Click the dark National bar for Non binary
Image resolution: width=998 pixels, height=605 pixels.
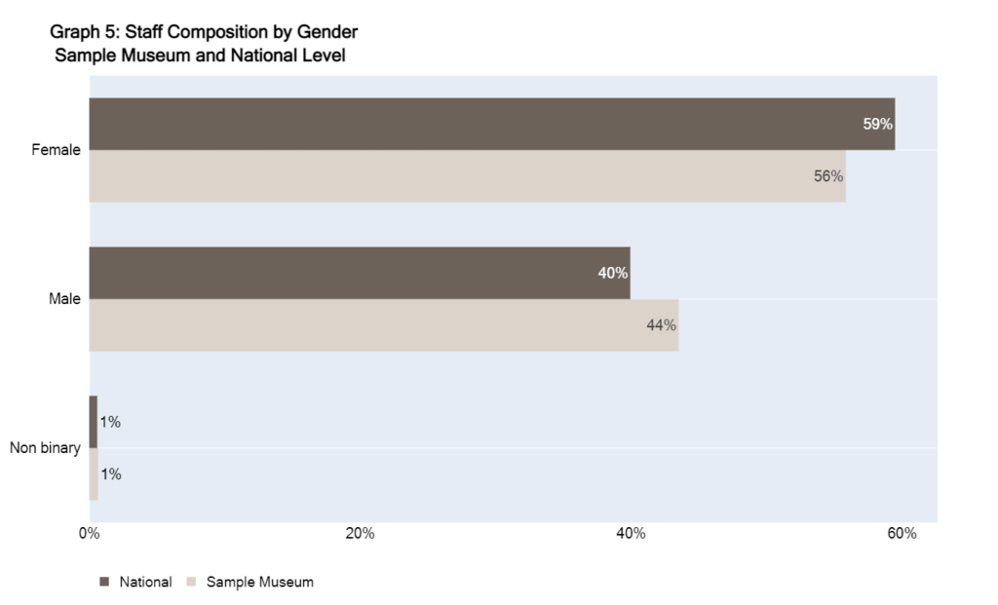coord(94,422)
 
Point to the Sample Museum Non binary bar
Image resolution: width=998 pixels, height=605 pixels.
coord(94,474)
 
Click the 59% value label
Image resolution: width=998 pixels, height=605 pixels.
coord(877,124)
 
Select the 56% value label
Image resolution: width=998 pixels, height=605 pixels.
coord(828,176)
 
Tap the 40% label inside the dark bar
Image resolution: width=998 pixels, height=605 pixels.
coord(612,273)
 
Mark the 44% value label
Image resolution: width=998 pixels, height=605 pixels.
coord(661,325)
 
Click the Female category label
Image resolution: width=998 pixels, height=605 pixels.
coord(56,150)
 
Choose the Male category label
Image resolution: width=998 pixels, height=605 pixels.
coord(64,299)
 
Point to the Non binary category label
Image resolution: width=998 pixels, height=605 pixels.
coord(45,448)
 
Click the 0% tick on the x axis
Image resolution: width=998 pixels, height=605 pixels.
coord(89,534)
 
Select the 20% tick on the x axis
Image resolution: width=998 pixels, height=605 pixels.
coord(360,534)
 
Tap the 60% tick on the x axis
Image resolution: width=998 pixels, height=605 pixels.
coord(902,534)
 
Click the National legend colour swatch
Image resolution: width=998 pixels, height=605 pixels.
coord(105,582)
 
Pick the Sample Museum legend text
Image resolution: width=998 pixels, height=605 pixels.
coord(260,582)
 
